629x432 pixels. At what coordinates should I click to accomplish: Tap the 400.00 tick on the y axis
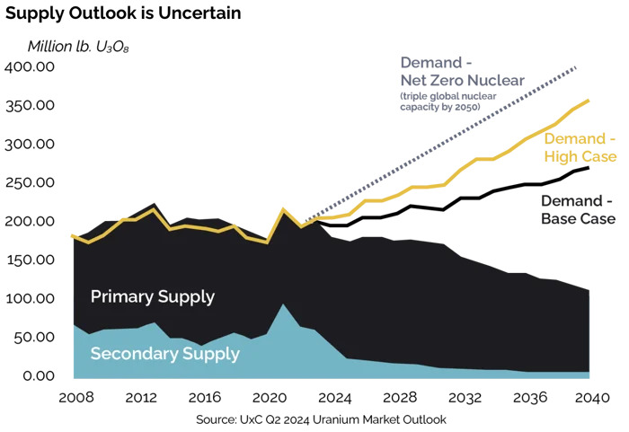coord(31,67)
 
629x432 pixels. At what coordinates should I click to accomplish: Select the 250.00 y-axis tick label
coord(31,183)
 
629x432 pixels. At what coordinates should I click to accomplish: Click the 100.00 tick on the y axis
coord(31,299)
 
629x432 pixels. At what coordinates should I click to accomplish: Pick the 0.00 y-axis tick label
coord(38,375)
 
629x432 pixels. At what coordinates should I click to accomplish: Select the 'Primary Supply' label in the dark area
coord(153,296)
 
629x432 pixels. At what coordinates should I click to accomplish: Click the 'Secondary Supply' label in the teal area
coord(164,354)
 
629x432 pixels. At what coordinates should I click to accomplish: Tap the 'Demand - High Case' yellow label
coord(580,148)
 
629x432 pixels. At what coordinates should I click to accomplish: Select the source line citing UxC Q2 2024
coord(320,419)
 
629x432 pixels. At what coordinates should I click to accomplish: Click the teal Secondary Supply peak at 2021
coord(283,304)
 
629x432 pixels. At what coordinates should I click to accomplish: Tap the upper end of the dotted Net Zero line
coord(576,67)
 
